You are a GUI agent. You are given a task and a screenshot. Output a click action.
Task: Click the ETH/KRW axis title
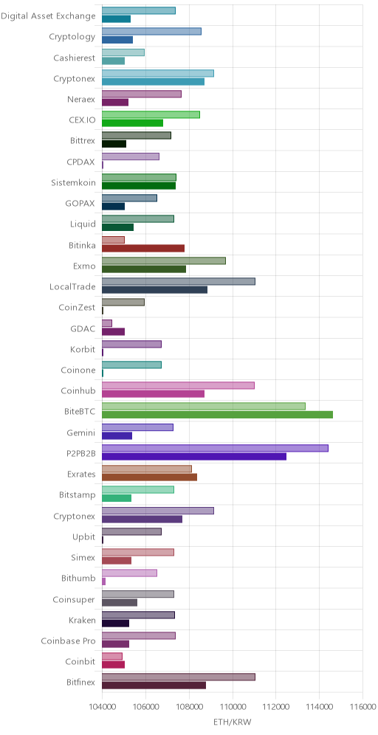tap(233, 722)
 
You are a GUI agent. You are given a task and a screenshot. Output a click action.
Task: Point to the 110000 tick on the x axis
tap(233, 706)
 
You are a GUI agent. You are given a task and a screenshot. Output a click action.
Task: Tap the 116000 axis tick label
tap(363, 706)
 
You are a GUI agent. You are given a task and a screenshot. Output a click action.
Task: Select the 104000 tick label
tap(102, 706)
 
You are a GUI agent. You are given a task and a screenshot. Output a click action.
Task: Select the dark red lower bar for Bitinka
tap(143, 248)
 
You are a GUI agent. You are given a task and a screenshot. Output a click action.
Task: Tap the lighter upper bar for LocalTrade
tap(178, 281)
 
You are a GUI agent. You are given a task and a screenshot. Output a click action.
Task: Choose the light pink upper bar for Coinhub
tap(178, 385)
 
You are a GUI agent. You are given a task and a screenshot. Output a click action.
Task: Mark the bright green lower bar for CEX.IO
tap(132, 122)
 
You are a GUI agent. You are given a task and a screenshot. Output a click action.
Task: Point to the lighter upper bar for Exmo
tap(164, 260)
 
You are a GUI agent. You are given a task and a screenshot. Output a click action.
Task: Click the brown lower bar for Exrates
tap(149, 477)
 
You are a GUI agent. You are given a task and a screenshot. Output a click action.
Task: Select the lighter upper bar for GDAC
tap(107, 323)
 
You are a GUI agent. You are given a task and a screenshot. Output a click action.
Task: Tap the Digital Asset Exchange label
tap(48, 16)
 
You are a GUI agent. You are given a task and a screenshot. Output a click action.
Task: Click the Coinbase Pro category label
tap(69, 641)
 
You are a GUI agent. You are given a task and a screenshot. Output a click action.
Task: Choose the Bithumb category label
tap(78, 579)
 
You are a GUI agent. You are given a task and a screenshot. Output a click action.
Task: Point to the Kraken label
tap(83, 620)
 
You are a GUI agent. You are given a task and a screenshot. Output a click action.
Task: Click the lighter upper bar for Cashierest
tap(123, 52)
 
